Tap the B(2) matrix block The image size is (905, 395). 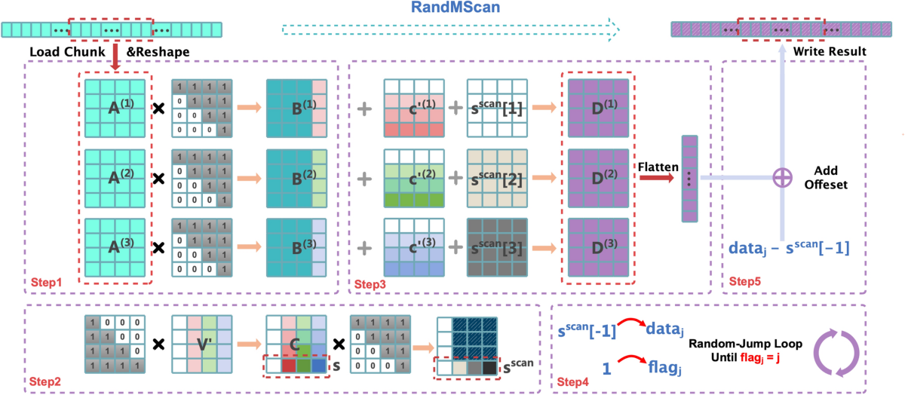click(296, 178)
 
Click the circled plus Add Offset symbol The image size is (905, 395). click(783, 179)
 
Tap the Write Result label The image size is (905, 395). click(829, 51)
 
